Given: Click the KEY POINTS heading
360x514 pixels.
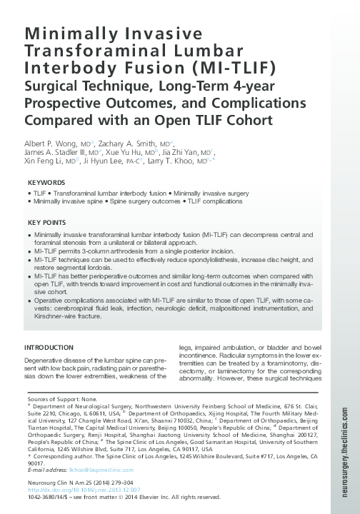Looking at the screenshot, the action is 47,223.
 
